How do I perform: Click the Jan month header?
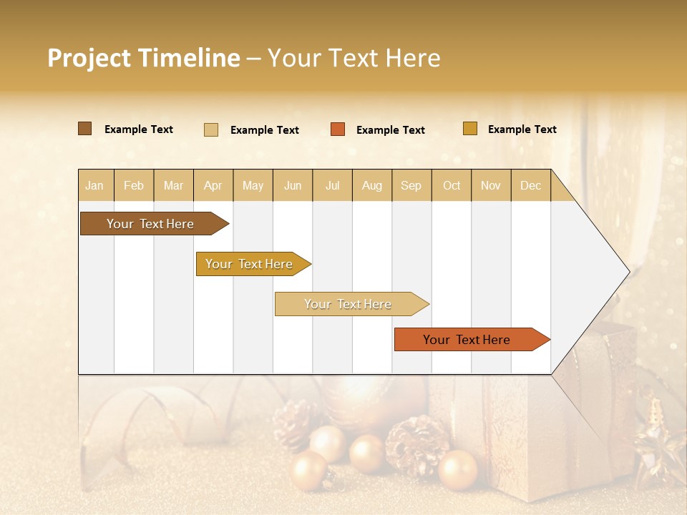(x=94, y=185)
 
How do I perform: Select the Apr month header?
(x=213, y=185)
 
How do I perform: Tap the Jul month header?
(x=332, y=185)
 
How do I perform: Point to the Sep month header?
(x=411, y=185)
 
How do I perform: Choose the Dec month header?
(x=530, y=185)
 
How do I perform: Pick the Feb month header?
(x=134, y=185)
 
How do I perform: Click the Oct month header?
(x=452, y=185)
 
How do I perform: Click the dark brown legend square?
(x=85, y=129)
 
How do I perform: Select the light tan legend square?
(x=211, y=129)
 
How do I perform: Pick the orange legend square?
(x=338, y=129)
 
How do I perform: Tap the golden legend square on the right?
(x=470, y=129)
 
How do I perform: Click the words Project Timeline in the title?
(x=144, y=58)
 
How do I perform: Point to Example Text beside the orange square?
(x=391, y=130)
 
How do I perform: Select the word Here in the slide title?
(x=413, y=58)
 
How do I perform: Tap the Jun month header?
(x=293, y=185)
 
